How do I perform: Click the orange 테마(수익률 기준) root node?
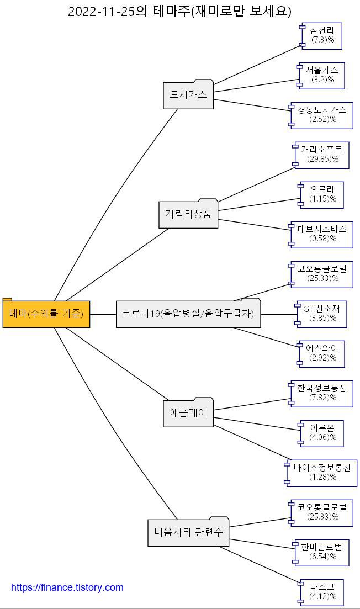click(x=46, y=314)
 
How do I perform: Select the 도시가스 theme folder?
click(x=188, y=95)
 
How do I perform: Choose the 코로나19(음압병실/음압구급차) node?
click(x=188, y=314)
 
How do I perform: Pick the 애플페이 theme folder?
click(x=188, y=413)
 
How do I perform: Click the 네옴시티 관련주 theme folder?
click(x=188, y=532)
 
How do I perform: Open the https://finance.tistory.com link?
click(x=67, y=587)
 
